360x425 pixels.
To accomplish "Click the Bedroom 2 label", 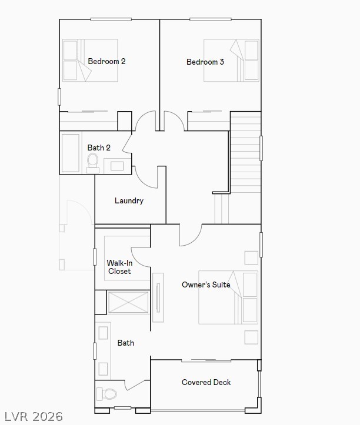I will pyautogui.click(x=106, y=61).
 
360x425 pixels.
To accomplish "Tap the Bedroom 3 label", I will pyautogui.click(x=205, y=62).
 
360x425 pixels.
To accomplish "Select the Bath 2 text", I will pyautogui.click(x=99, y=148).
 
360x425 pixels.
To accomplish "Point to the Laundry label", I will pyautogui.click(x=129, y=201).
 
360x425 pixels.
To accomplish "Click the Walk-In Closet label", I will pyautogui.click(x=119, y=267).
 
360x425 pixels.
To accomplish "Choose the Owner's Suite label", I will pyautogui.click(x=206, y=285).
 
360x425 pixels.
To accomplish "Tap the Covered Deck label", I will pyautogui.click(x=206, y=382).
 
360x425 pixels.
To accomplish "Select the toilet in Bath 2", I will pyautogui.click(x=93, y=160).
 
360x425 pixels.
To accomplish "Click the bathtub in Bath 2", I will pyautogui.click(x=70, y=153).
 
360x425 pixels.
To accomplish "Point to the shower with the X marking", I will pyautogui.click(x=129, y=302).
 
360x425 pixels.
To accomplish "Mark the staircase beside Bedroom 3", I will pyautogui.click(x=245, y=153).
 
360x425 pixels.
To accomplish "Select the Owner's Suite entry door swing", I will pyautogui.click(x=189, y=235).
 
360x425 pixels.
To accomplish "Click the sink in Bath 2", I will pyautogui.click(x=117, y=165).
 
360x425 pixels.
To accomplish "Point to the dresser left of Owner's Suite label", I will pyautogui.click(x=158, y=297).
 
